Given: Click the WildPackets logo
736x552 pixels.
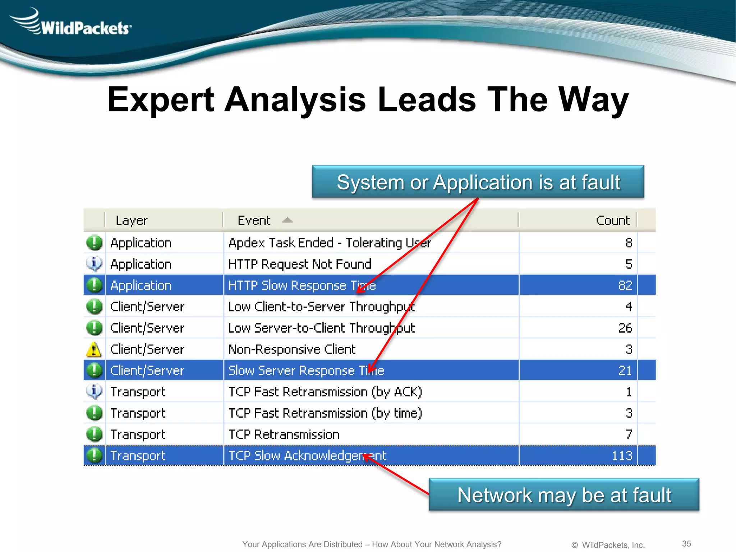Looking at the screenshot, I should [x=72, y=23].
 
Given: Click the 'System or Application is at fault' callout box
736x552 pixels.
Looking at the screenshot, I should [x=478, y=182].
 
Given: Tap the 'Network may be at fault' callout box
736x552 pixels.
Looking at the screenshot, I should [x=564, y=494].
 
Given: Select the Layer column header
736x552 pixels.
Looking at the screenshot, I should [x=132, y=220].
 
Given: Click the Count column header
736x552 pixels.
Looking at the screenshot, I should [x=612, y=220].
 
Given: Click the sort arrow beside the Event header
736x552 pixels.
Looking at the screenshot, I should [x=287, y=220].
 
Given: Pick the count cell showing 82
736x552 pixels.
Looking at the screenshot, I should [x=625, y=285].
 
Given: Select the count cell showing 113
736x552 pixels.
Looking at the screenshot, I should [x=622, y=456].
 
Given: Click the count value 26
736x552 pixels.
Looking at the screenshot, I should [x=625, y=328].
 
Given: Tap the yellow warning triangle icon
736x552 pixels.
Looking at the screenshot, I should [x=94, y=349].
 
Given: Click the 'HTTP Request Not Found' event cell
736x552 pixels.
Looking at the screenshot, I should [x=300, y=264].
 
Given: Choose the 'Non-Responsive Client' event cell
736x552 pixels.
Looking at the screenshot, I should [x=292, y=349].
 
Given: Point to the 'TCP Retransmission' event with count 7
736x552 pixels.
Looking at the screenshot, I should [x=284, y=434].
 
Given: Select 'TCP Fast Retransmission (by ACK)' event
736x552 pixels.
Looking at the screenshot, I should [x=325, y=392].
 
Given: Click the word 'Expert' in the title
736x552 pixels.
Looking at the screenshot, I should [x=161, y=100].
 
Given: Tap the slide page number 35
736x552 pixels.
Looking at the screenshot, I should [x=686, y=543].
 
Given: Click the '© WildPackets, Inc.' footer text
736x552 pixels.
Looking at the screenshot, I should [x=608, y=545].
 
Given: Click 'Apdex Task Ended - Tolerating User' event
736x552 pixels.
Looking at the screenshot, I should [x=330, y=243].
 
